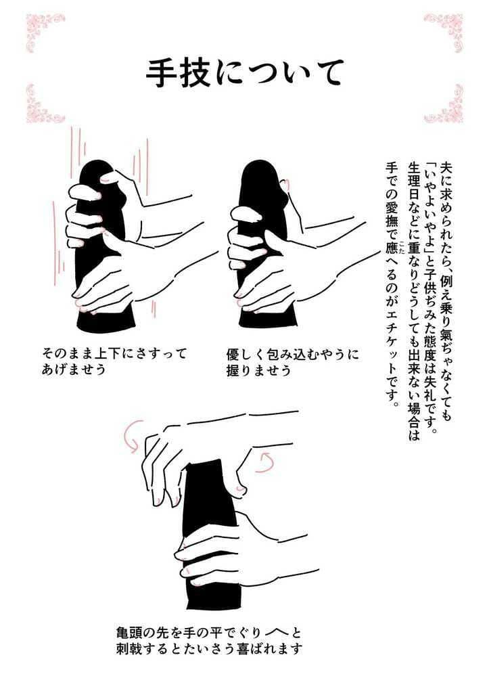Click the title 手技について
coord(244,72)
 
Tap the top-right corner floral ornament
coord(444,30)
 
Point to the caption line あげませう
coord(74,370)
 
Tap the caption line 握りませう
coord(259,370)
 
